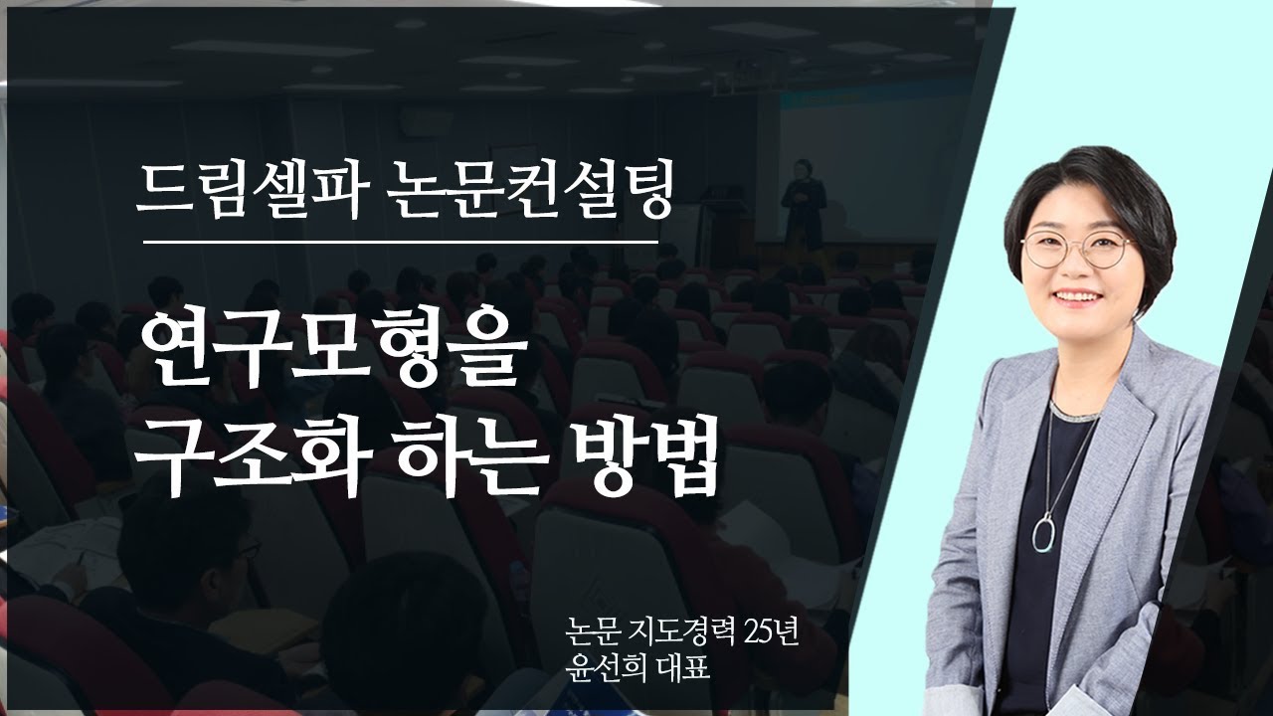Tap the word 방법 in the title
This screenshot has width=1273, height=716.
pyautogui.click(x=633, y=459)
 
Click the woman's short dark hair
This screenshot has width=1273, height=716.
pyautogui.click(x=1084, y=184)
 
